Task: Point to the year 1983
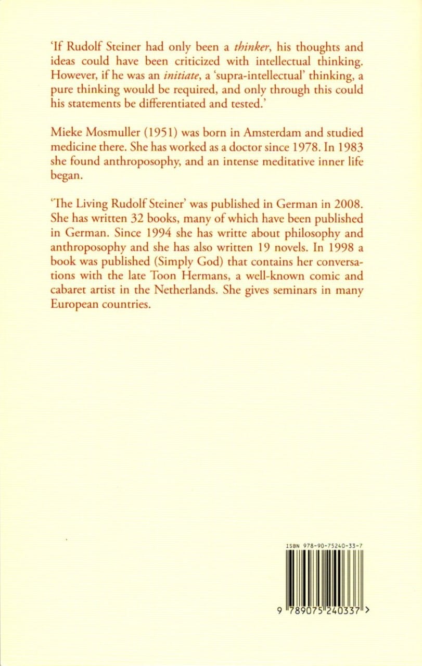[349, 148]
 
